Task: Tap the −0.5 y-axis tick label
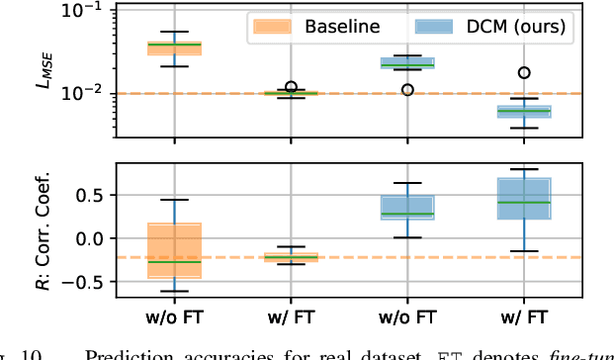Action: (x=87, y=282)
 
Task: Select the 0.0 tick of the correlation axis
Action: (x=92, y=238)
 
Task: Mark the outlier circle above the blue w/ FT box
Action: (x=524, y=72)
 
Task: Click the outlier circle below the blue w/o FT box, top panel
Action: (x=407, y=89)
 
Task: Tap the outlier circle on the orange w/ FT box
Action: (x=291, y=88)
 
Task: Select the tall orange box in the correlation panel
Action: (x=174, y=250)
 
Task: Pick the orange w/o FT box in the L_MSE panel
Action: (x=174, y=47)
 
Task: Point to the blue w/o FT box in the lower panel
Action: (x=407, y=207)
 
